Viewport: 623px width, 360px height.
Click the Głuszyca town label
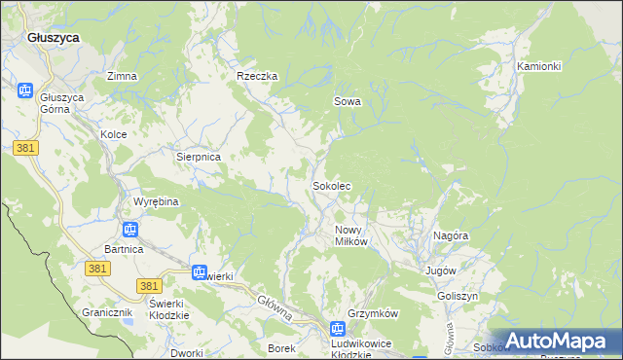click(54, 37)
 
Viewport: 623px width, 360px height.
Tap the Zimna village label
click(122, 76)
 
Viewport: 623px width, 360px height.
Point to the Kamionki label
click(539, 66)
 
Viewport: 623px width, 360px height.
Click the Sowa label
click(348, 101)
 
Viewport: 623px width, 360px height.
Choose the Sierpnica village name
click(199, 156)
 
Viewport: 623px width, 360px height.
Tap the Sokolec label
click(331, 185)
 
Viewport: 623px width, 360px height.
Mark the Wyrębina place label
click(156, 201)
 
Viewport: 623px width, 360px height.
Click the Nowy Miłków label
click(350, 235)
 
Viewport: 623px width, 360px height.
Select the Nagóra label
click(452, 235)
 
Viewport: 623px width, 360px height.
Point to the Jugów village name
click(440, 270)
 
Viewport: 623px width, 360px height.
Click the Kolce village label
click(114, 134)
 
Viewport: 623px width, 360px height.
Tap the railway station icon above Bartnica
click(129, 230)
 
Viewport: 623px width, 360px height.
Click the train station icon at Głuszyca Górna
click(26, 90)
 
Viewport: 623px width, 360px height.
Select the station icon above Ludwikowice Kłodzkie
click(337, 330)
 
